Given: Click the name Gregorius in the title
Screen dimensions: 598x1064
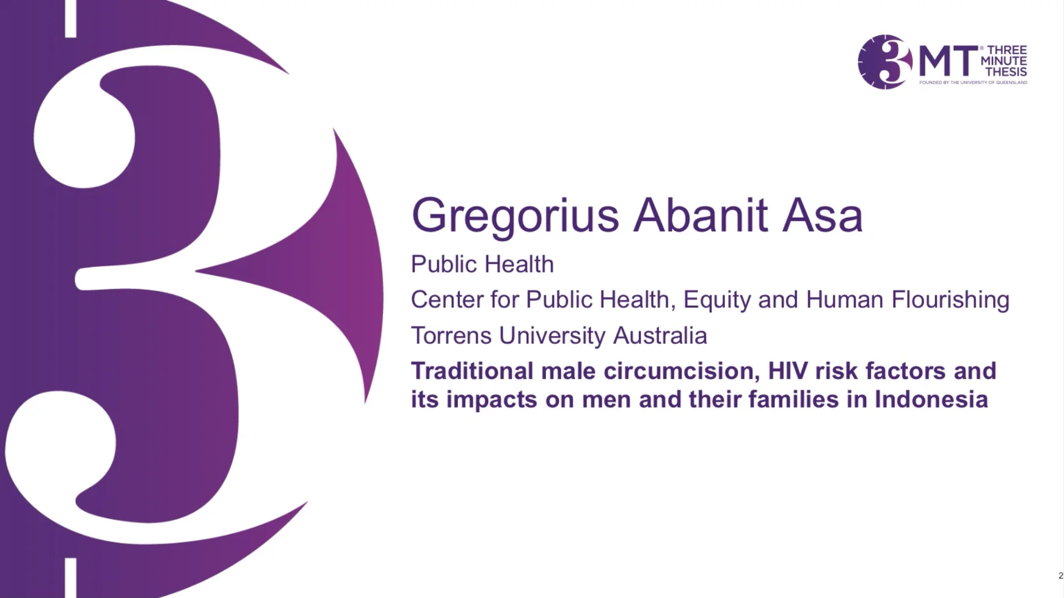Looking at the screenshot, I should (x=515, y=216).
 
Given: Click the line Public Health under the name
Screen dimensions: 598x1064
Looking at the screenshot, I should (x=482, y=264).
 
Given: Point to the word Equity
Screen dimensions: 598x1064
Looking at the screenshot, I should (x=717, y=300).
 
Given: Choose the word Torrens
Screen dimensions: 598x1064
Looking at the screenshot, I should (x=451, y=336).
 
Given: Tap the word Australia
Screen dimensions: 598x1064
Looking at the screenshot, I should (x=659, y=336).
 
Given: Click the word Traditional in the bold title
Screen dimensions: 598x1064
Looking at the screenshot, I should (x=472, y=371).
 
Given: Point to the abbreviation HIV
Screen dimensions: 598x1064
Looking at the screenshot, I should (x=787, y=371).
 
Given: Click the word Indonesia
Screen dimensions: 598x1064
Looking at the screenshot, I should (x=931, y=399).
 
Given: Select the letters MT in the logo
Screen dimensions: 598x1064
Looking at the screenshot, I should (x=948, y=61).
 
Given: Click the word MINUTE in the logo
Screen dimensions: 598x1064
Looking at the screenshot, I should (x=1004, y=61).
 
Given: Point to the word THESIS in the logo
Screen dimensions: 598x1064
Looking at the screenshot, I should (x=1006, y=71).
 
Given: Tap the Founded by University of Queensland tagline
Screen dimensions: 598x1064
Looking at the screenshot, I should (x=973, y=83).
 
